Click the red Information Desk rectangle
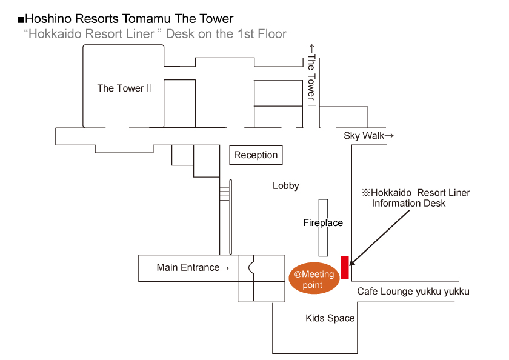[345, 267]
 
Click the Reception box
[256, 155]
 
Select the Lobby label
[285, 186]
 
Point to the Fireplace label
[323, 223]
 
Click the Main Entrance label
[193, 267]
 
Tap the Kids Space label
[330, 318]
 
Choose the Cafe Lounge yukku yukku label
[413, 292]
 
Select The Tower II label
[124, 88]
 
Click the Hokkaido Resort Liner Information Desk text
[416, 198]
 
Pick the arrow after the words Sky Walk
[389, 136]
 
